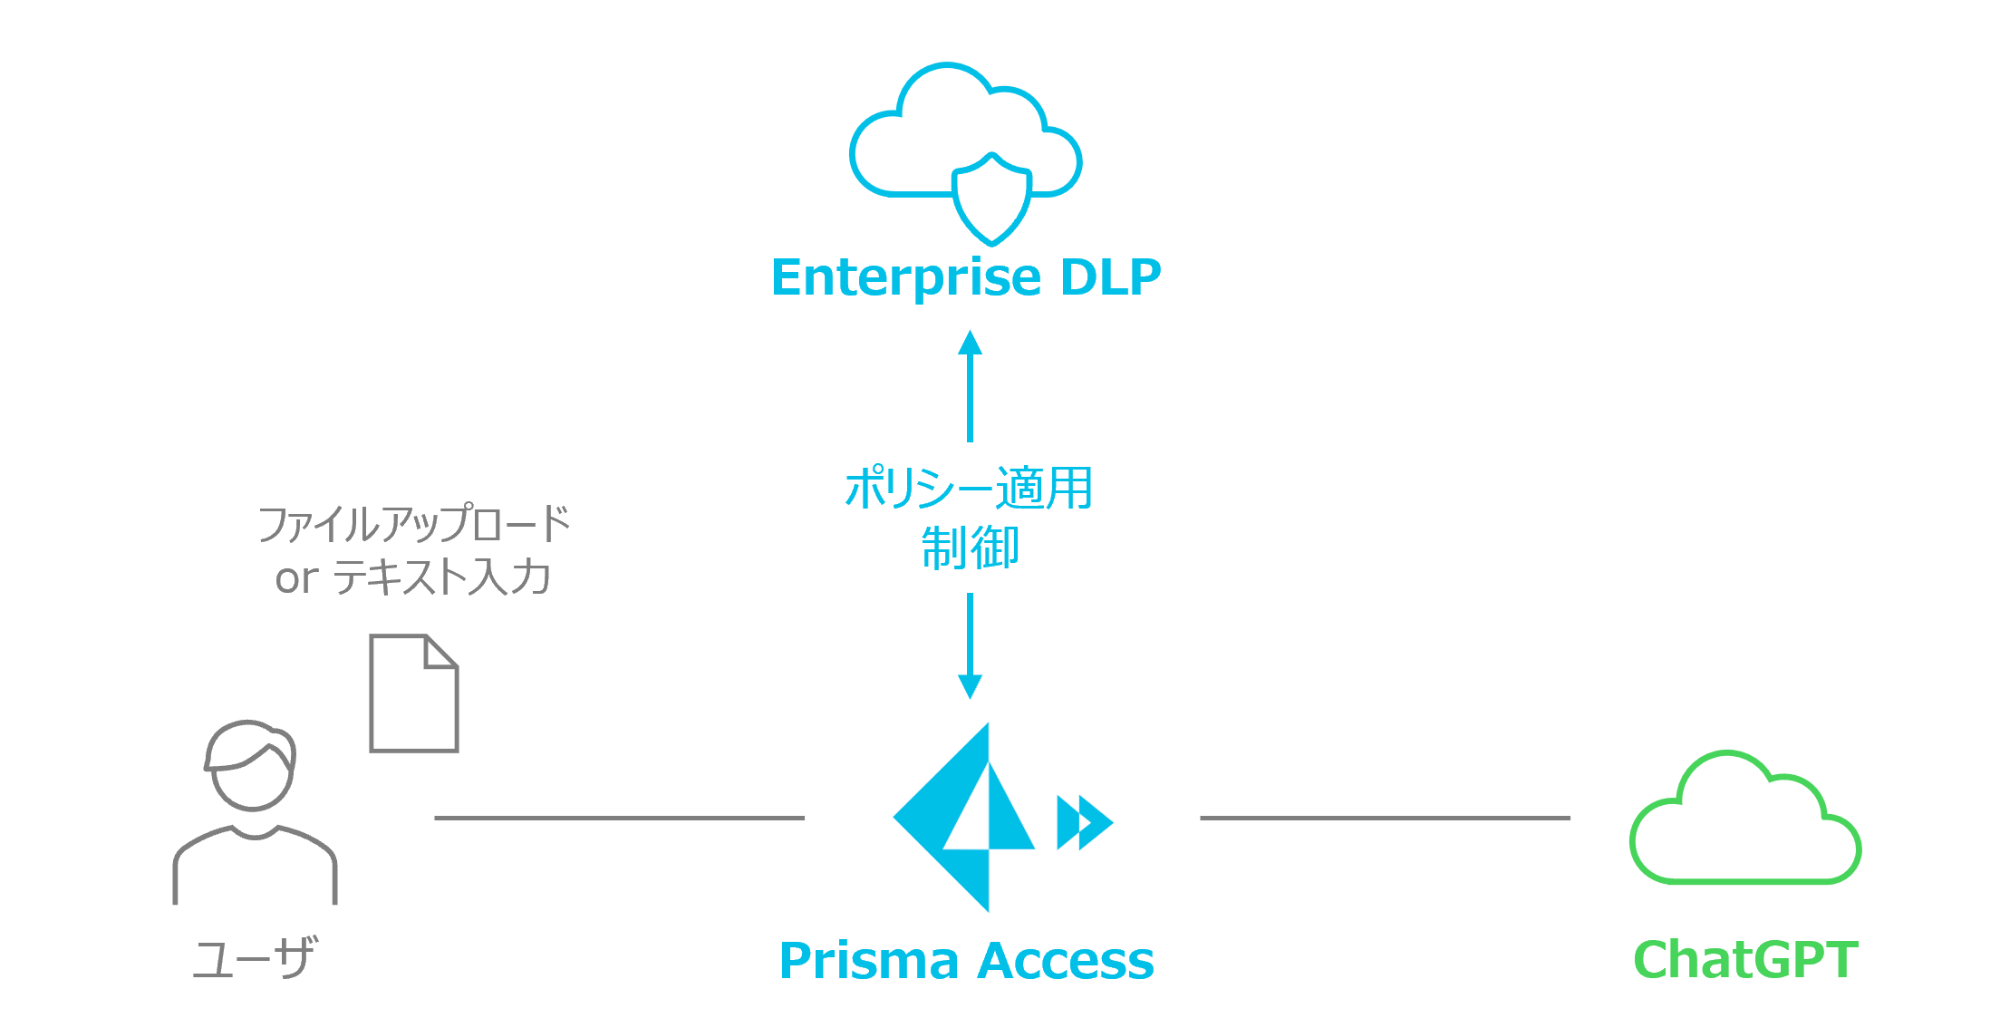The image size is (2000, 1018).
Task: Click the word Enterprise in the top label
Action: click(x=905, y=277)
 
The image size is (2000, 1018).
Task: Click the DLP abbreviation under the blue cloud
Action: click(x=1110, y=277)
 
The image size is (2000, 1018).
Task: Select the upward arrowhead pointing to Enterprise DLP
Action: click(x=971, y=344)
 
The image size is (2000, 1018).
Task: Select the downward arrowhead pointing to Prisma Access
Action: click(x=971, y=686)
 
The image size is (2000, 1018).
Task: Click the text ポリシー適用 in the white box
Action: click(x=969, y=489)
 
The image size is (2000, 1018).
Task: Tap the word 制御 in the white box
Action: click(x=970, y=548)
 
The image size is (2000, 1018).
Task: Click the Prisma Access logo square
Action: click(x=1004, y=817)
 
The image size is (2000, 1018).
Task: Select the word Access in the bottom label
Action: click(x=1068, y=961)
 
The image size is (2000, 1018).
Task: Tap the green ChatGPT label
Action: click(x=1745, y=960)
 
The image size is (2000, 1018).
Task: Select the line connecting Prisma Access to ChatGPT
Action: click(x=1385, y=818)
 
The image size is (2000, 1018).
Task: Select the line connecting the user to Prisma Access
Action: click(x=619, y=818)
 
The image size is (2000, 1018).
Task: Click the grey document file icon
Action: click(x=414, y=693)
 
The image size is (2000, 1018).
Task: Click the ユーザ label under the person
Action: click(x=255, y=959)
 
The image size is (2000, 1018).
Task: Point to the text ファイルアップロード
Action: click(x=414, y=524)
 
